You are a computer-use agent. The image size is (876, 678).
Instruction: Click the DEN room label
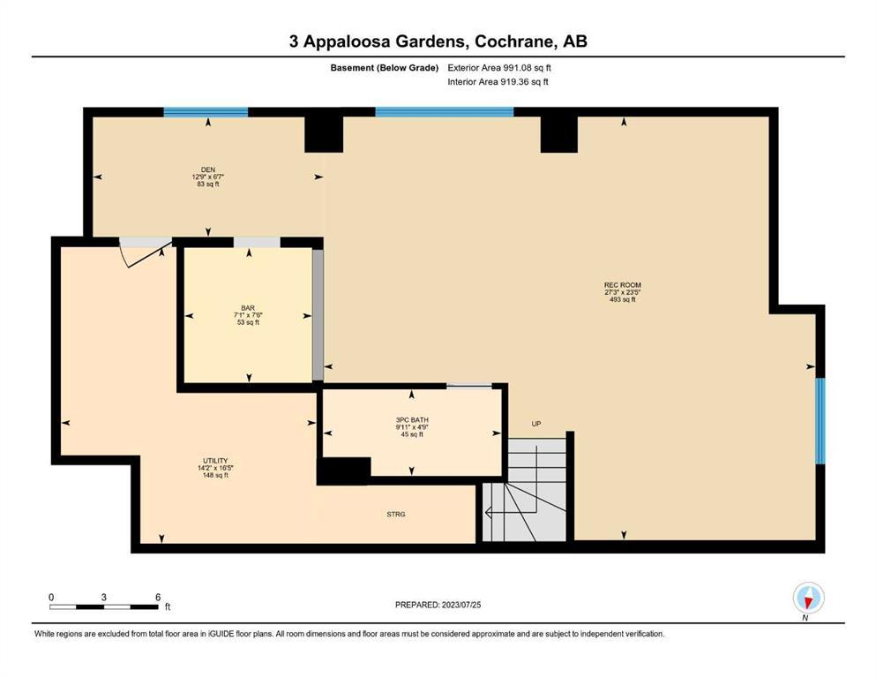(208, 169)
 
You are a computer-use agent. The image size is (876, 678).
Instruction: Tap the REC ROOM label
(622, 285)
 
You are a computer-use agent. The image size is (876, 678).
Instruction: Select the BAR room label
(248, 308)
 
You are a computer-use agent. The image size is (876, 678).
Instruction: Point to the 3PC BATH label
(412, 419)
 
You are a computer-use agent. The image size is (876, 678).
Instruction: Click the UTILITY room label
(215, 461)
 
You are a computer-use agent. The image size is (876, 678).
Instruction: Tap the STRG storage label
(395, 514)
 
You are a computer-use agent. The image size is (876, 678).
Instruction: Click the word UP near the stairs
(536, 424)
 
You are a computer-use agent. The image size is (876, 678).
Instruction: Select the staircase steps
(525, 490)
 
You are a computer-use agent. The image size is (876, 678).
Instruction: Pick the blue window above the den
(206, 112)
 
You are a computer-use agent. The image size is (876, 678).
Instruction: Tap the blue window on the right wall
(820, 421)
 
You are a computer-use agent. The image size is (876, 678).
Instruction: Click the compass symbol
(808, 599)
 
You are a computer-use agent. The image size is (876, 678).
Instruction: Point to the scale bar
(104, 606)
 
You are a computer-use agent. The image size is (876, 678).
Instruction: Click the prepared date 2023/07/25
(461, 605)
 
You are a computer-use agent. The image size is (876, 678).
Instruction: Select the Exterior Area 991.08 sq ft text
(499, 68)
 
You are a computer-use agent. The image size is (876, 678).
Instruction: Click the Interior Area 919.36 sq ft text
(498, 81)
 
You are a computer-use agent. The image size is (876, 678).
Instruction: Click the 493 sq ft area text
(622, 299)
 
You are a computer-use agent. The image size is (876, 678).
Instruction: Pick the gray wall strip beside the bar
(318, 314)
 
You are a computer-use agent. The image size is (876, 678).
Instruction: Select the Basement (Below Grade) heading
(385, 68)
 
